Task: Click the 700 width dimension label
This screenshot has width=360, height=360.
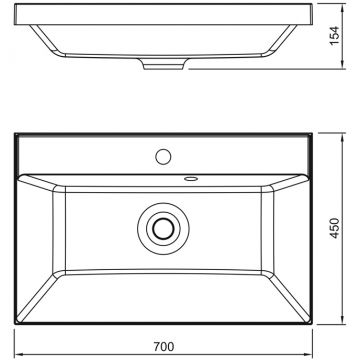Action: click(164, 347)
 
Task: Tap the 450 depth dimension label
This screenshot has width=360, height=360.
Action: click(335, 228)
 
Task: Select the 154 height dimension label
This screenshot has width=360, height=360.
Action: click(335, 36)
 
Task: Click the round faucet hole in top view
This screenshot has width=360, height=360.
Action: click(163, 157)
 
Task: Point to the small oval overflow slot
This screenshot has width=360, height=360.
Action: click(191, 179)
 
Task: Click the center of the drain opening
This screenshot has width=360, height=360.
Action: click(163, 228)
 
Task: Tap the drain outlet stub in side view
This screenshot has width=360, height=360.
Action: click(163, 64)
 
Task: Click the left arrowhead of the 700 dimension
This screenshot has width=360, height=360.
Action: click(18, 354)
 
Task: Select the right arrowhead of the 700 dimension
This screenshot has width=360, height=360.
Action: click(308, 354)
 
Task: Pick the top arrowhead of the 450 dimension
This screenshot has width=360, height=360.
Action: click(343, 137)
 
